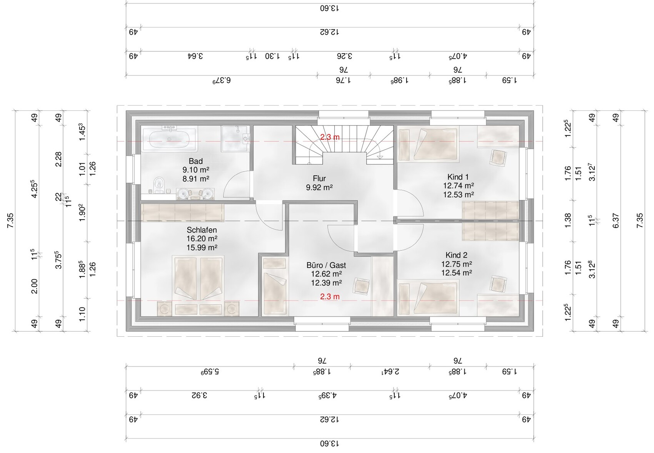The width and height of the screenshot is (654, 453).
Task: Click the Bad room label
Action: click(195, 161)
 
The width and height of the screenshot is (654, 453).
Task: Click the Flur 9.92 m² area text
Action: click(319, 188)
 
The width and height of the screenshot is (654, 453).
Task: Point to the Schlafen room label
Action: click(202, 230)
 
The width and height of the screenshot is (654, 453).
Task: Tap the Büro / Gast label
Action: click(326, 265)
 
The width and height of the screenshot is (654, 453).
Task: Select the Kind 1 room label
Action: click(458, 177)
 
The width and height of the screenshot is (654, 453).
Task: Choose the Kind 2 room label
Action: click(456, 255)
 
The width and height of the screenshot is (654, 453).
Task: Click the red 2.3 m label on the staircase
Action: click(330, 137)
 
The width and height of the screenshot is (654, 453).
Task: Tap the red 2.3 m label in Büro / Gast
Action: click(330, 297)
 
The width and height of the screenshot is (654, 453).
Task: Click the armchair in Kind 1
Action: click(499, 158)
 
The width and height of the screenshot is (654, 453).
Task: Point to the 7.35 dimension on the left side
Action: click(10, 220)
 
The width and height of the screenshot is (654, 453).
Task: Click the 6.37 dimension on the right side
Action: click(616, 221)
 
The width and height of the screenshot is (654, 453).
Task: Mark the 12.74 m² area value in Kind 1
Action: click(458, 186)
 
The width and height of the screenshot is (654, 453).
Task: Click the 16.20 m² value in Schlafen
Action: click(202, 239)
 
